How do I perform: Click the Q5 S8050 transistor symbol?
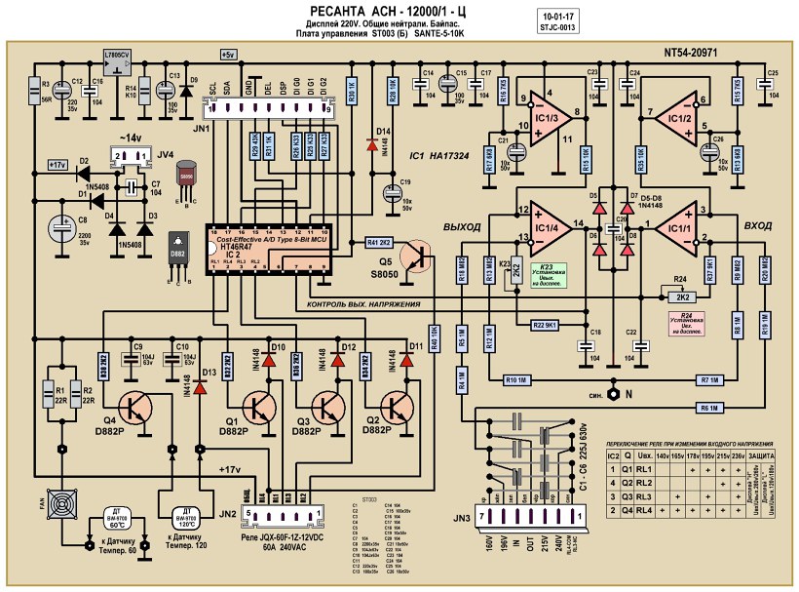point(422,256)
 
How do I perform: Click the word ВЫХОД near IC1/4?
point(463,226)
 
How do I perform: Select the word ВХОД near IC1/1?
point(757,225)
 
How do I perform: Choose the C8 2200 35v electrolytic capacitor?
point(61,234)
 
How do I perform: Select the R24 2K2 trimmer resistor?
point(683,296)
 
